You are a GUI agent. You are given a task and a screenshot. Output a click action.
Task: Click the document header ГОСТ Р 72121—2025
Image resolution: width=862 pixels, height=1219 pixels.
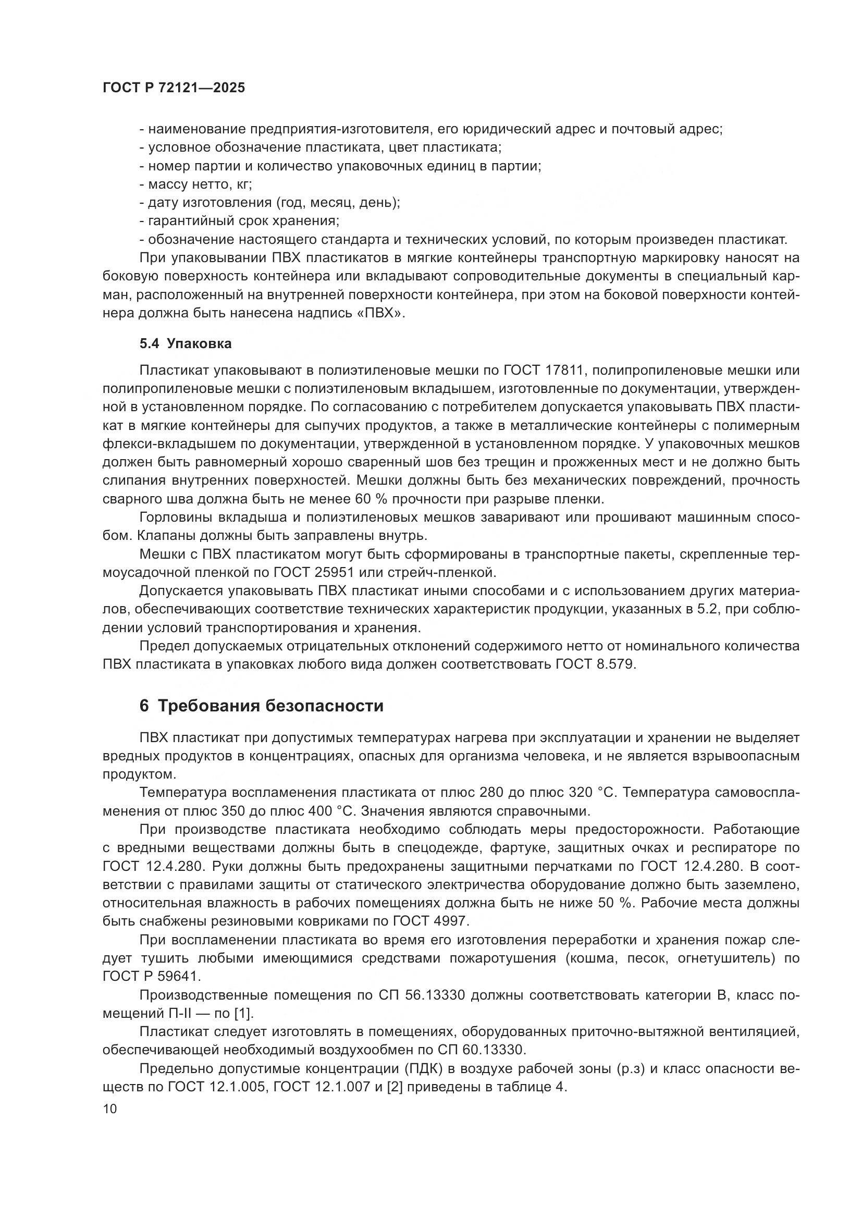(x=174, y=88)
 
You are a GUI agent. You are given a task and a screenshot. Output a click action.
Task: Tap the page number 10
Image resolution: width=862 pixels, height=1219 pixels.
(x=110, y=1109)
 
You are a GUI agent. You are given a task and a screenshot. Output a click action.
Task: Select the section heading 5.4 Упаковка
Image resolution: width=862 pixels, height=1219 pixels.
(x=185, y=343)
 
